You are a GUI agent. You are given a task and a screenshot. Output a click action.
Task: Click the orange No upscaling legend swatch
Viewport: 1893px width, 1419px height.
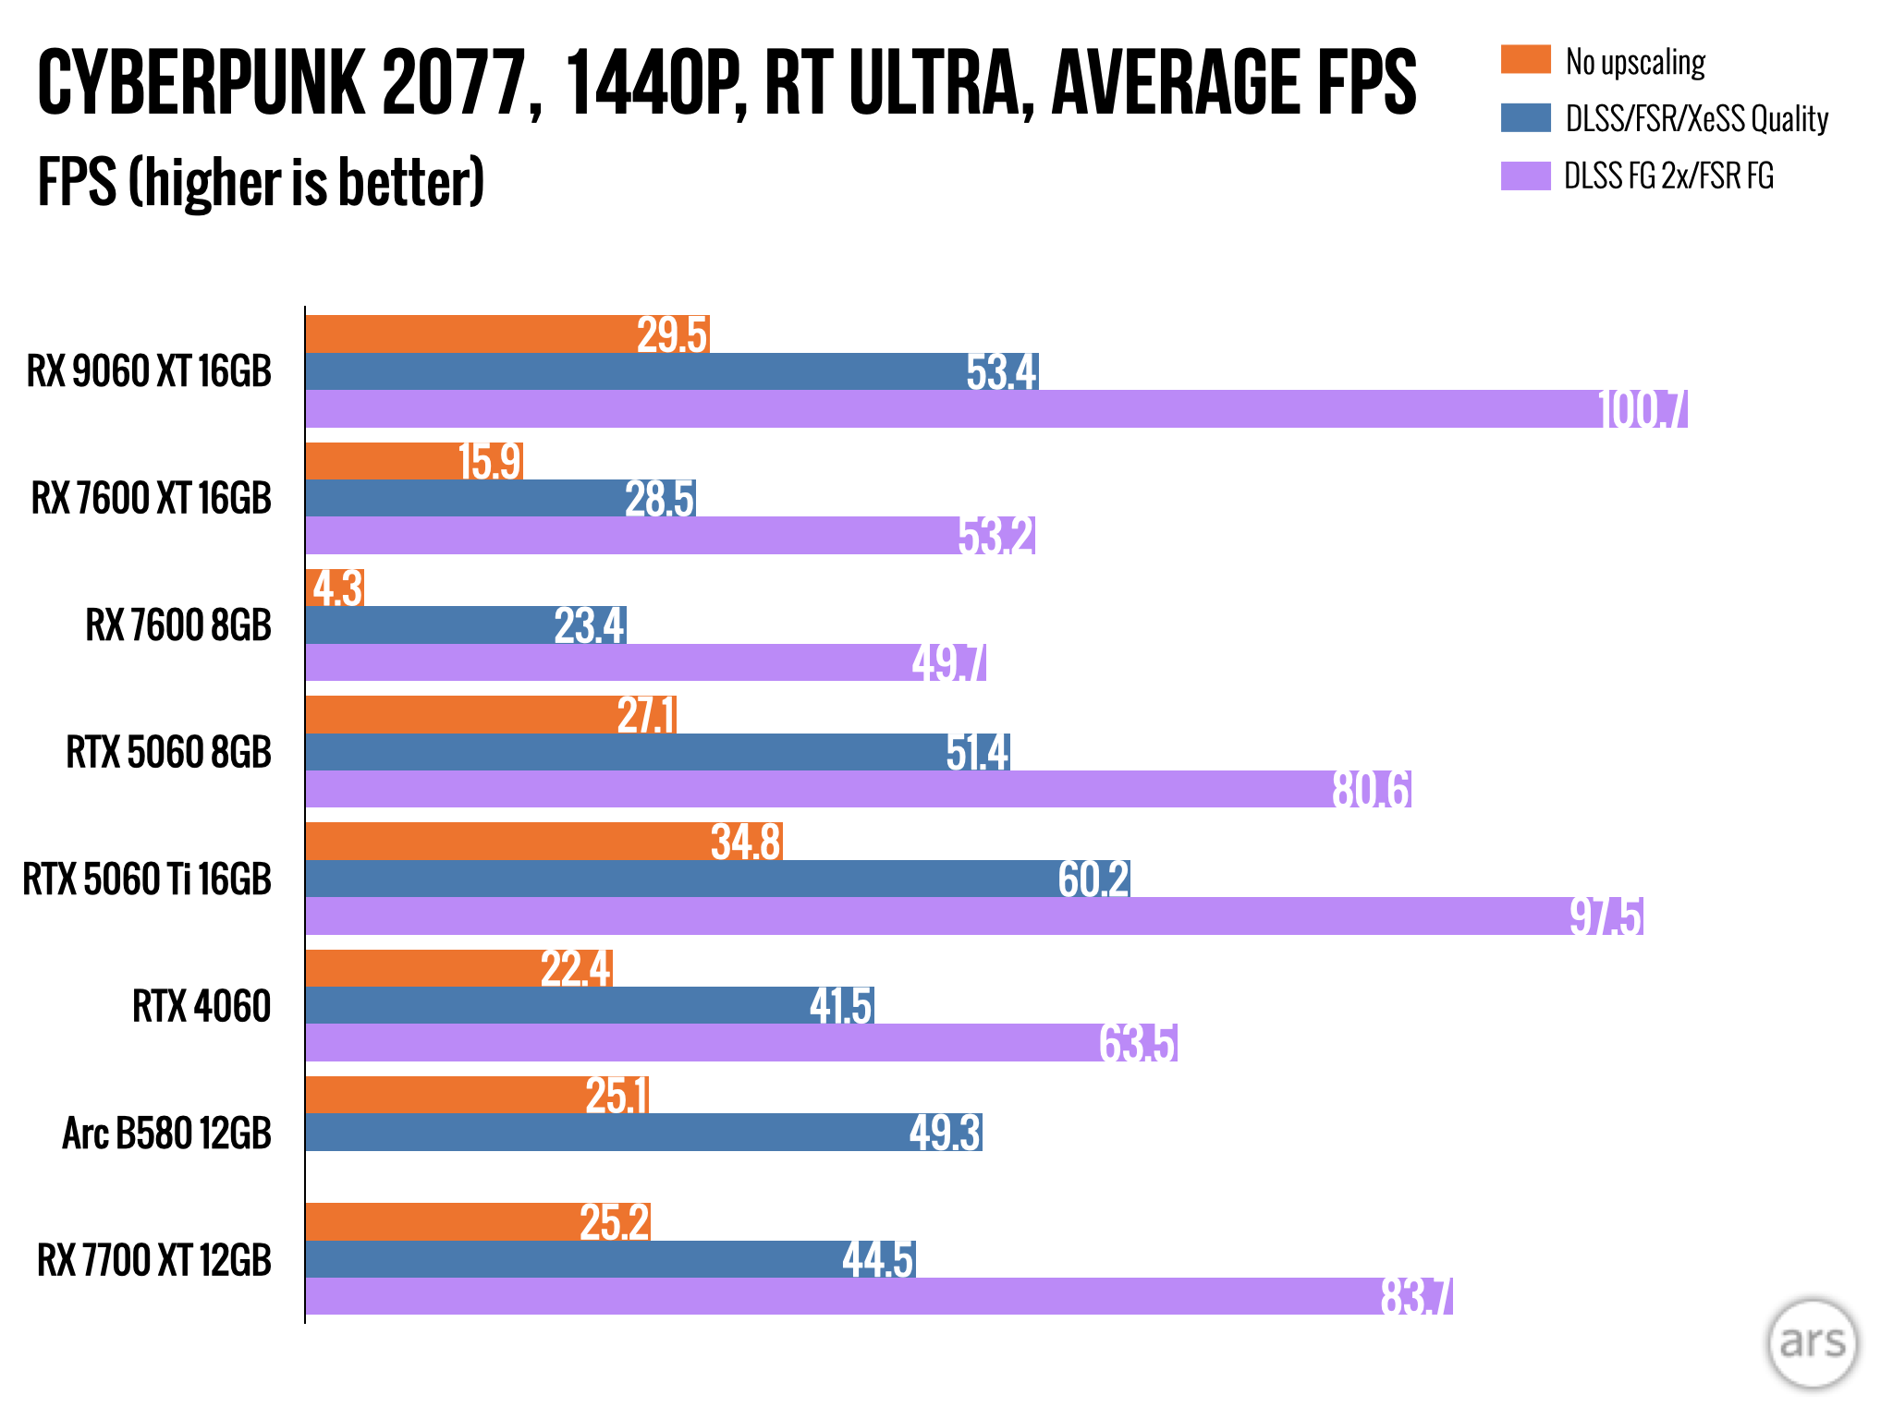pyautogui.click(x=1525, y=59)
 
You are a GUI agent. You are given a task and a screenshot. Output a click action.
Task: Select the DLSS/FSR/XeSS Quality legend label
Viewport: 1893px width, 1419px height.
pyautogui.click(x=1696, y=118)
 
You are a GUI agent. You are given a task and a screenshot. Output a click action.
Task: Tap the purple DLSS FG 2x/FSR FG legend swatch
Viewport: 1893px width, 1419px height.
pyautogui.click(x=1525, y=176)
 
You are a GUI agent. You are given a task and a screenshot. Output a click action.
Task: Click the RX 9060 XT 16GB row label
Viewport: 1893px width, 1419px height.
pyautogui.click(x=149, y=371)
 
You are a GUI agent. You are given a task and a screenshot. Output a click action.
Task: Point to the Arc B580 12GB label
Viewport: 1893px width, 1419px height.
pyautogui.click(x=166, y=1134)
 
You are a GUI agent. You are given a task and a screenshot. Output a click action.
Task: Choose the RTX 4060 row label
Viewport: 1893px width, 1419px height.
pyautogui.click(x=202, y=1006)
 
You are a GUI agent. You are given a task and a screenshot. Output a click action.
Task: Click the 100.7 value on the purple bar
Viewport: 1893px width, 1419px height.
pyautogui.click(x=1643, y=410)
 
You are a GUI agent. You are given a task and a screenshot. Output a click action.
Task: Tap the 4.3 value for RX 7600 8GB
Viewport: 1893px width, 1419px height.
pyautogui.click(x=337, y=588)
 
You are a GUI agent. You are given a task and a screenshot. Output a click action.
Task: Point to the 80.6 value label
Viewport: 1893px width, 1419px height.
pyautogui.click(x=1372, y=790)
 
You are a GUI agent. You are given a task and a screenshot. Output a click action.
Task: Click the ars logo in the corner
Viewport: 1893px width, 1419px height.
pyautogui.click(x=1812, y=1342)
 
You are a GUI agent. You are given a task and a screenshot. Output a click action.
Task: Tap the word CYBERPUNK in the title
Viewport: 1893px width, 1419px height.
pyautogui.click(x=201, y=83)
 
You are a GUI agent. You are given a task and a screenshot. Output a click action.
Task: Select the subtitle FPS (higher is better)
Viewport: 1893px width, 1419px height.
pyautogui.click(x=261, y=182)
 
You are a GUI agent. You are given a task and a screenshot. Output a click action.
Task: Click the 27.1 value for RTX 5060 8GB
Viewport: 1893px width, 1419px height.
pyautogui.click(x=646, y=716)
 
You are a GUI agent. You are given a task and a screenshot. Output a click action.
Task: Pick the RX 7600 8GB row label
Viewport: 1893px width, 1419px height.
pyautogui.click(x=178, y=625)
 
